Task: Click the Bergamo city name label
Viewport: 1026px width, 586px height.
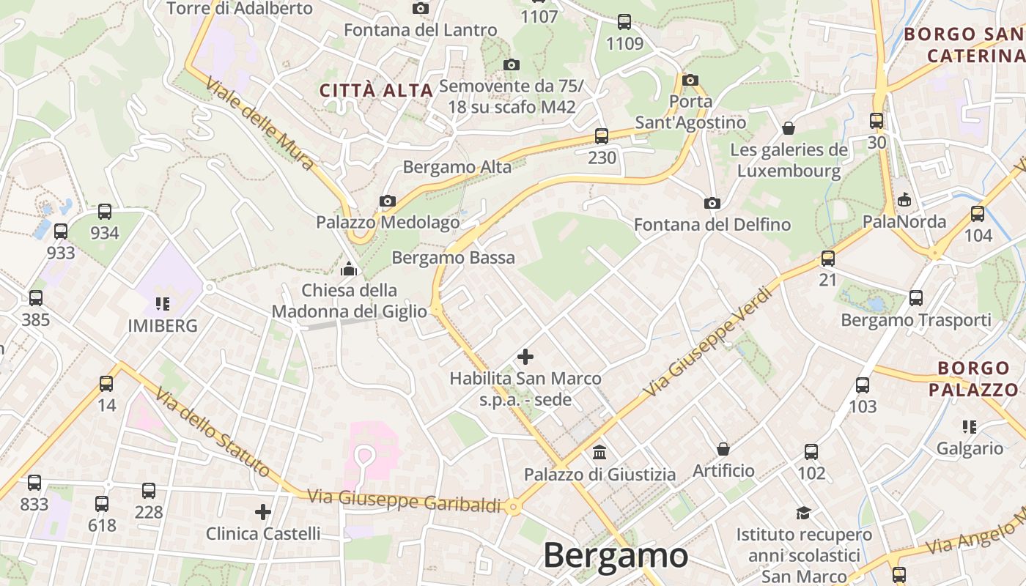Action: (616, 555)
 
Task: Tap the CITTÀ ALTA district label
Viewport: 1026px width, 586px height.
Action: (377, 90)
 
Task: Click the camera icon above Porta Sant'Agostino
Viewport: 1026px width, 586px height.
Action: (690, 80)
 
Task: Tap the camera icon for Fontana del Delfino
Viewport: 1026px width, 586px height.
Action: (712, 203)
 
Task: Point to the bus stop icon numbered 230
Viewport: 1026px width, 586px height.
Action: (602, 136)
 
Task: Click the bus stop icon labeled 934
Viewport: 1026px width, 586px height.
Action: (105, 212)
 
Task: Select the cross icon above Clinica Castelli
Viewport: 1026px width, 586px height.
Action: (263, 511)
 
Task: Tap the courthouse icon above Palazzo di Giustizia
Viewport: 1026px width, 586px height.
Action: (599, 452)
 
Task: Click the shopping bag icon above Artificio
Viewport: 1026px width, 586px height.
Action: (723, 448)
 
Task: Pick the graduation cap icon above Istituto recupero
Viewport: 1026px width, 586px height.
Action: (804, 513)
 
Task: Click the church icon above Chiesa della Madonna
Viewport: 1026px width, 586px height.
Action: (349, 269)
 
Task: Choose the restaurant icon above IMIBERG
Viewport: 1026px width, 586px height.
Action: (163, 303)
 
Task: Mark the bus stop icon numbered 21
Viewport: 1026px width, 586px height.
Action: (828, 258)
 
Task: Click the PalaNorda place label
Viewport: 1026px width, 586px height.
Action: (904, 221)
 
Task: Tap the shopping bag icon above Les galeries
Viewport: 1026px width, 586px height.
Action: (789, 128)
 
